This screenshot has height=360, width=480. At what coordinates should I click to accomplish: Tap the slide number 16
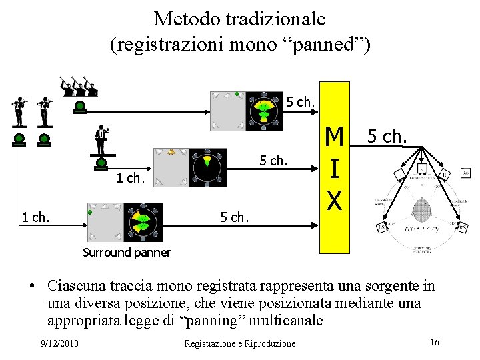(x=434, y=342)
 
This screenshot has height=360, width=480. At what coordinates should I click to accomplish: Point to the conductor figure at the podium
(x=101, y=140)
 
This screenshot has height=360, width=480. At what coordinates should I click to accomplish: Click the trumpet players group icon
(x=79, y=86)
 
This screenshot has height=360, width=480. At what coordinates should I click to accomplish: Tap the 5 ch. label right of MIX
(x=393, y=136)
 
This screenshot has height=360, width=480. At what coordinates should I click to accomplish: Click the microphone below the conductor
(x=101, y=162)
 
